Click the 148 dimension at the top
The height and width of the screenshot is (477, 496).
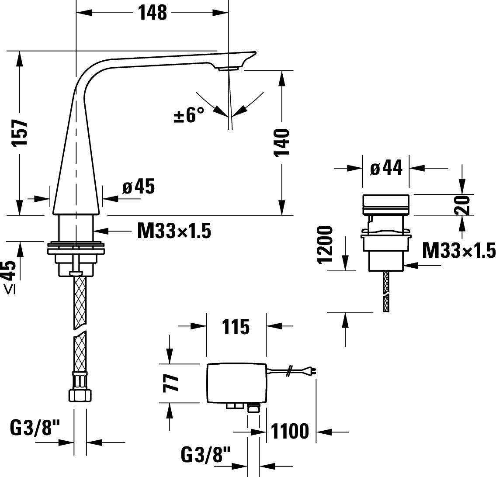(x=153, y=13)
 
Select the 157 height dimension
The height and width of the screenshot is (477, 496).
(x=20, y=133)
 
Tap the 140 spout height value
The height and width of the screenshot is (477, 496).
(x=281, y=142)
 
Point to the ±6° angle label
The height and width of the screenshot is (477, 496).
(x=189, y=115)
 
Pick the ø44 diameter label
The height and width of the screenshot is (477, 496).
(x=386, y=167)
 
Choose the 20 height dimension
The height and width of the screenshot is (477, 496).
(x=462, y=205)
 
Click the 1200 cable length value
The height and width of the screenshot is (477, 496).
(x=325, y=245)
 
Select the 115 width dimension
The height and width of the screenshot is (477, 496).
(x=236, y=327)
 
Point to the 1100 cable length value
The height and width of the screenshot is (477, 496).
(x=290, y=432)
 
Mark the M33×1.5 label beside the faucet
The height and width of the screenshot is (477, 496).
(x=174, y=231)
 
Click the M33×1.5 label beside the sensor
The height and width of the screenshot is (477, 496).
(x=459, y=250)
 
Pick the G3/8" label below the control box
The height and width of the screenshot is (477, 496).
(x=206, y=455)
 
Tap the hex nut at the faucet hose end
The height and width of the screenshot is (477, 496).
(x=80, y=395)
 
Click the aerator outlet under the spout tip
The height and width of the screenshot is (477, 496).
(x=228, y=68)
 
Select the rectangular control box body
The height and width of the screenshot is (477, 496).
(x=236, y=383)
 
